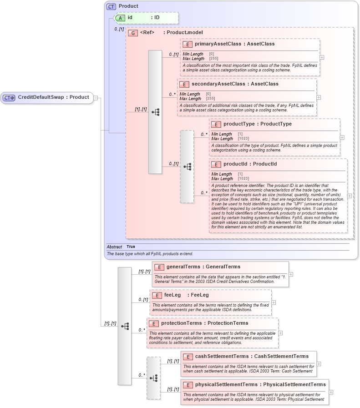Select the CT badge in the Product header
[x=111, y=7]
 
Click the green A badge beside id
[x=121, y=18]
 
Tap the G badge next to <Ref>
[x=133, y=33]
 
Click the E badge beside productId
[x=216, y=164]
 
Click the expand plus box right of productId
[x=349, y=196]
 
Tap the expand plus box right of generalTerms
[x=291, y=274]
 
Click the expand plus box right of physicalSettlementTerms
[x=331, y=392]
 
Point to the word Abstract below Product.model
[x=114, y=247]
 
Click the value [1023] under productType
[x=243, y=138]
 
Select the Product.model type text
[x=185, y=33]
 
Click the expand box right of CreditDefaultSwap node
[x=96, y=97]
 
